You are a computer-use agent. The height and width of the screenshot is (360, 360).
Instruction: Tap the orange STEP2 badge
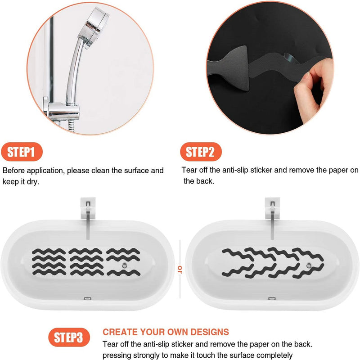(201, 152)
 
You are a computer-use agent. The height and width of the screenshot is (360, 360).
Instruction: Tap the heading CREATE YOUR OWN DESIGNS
(166, 332)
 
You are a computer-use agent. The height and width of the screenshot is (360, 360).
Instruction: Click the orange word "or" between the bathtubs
(180, 269)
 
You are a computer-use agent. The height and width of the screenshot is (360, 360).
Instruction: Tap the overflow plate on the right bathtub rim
(271, 298)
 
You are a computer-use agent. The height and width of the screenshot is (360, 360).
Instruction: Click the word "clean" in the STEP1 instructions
(101, 171)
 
